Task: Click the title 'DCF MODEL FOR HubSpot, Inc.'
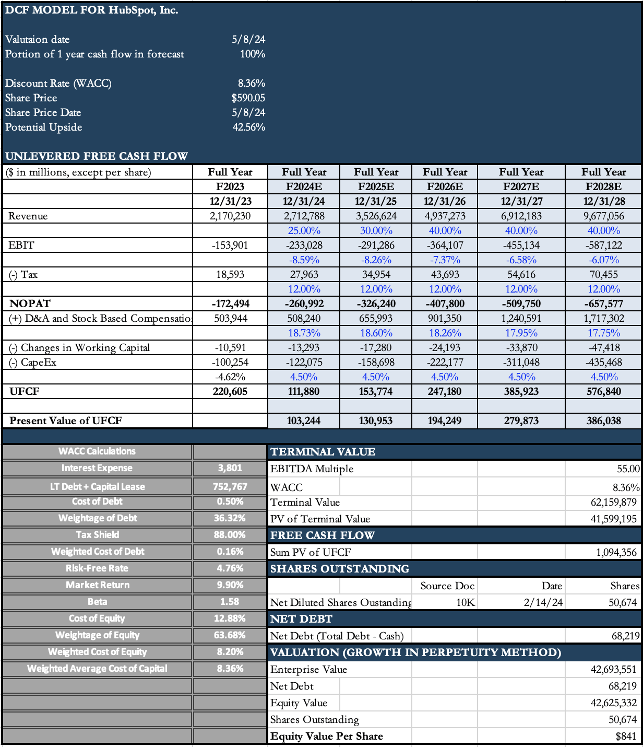[x=92, y=10]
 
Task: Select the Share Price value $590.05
[x=248, y=98]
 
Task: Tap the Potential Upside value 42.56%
[x=248, y=127]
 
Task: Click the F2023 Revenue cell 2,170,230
[x=230, y=216]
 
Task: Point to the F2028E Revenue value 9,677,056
[x=603, y=216]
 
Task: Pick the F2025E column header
[x=376, y=186]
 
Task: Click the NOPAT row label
[x=30, y=304]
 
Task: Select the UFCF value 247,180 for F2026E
[x=445, y=391]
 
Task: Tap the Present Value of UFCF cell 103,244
[x=304, y=421]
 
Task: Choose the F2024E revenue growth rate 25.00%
[x=304, y=230]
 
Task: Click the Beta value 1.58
[x=230, y=601]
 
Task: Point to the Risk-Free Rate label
[x=97, y=568]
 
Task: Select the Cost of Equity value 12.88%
[x=230, y=618]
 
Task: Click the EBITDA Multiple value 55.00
[x=628, y=469]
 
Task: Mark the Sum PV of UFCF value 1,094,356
[x=616, y=552]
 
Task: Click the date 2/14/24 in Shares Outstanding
[x=543, y=602]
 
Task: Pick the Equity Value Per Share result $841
[x=626, y=736]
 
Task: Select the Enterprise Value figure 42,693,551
[x=613, y=669]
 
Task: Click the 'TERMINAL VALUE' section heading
[x=323, y=452]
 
